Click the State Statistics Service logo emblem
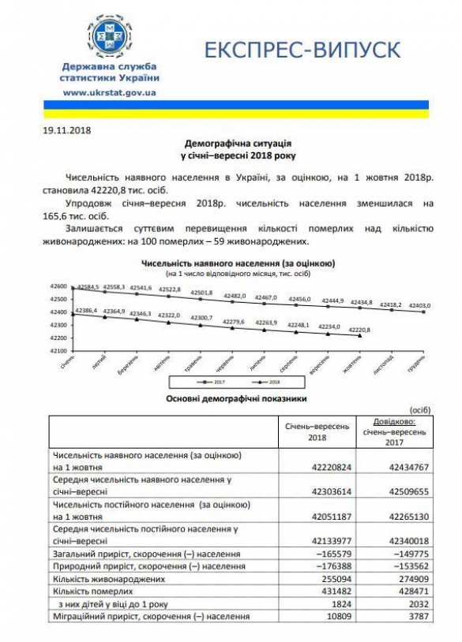click(109, 36)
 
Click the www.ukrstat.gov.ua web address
click(109, 92)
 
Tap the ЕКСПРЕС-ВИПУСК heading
click(302, 50)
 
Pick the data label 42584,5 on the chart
click(88, 285)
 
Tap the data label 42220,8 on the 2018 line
click(359, 329)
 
